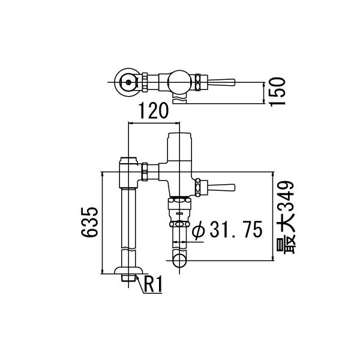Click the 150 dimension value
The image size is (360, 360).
(277, 92)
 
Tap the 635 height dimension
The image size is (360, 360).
(89, 222)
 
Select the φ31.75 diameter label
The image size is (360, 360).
(227, 229)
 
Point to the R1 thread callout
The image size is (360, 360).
(153, 284)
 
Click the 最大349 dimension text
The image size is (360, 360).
(286, 217)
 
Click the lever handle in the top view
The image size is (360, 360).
(221, 82)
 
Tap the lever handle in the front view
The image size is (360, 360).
(221, 188)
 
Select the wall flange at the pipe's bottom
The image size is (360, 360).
(128, 271)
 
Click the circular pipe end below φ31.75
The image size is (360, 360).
(179, 260)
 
